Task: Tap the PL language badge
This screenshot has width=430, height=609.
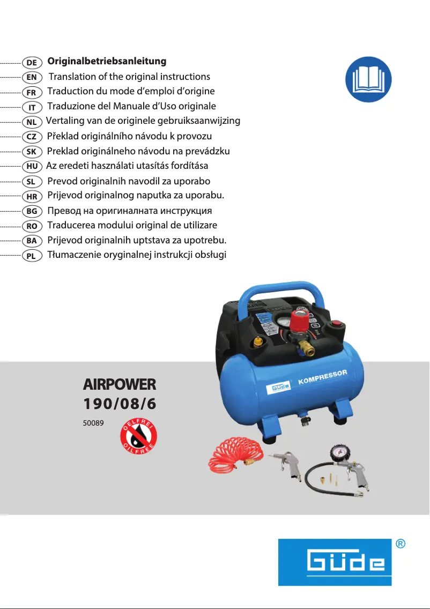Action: (32, 256)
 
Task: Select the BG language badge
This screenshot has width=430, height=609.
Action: (32, 211)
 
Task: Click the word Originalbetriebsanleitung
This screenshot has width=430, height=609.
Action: (107, 62)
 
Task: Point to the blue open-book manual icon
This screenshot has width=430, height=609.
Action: (368, 79)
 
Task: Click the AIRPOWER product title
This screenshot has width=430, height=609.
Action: (120, 384)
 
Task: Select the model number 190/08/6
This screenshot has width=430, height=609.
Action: (120, 404)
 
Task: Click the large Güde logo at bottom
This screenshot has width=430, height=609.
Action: (335, 562)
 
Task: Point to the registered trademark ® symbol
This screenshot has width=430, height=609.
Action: (400, 544)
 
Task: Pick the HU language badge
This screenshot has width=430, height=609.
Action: (32, 166)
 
